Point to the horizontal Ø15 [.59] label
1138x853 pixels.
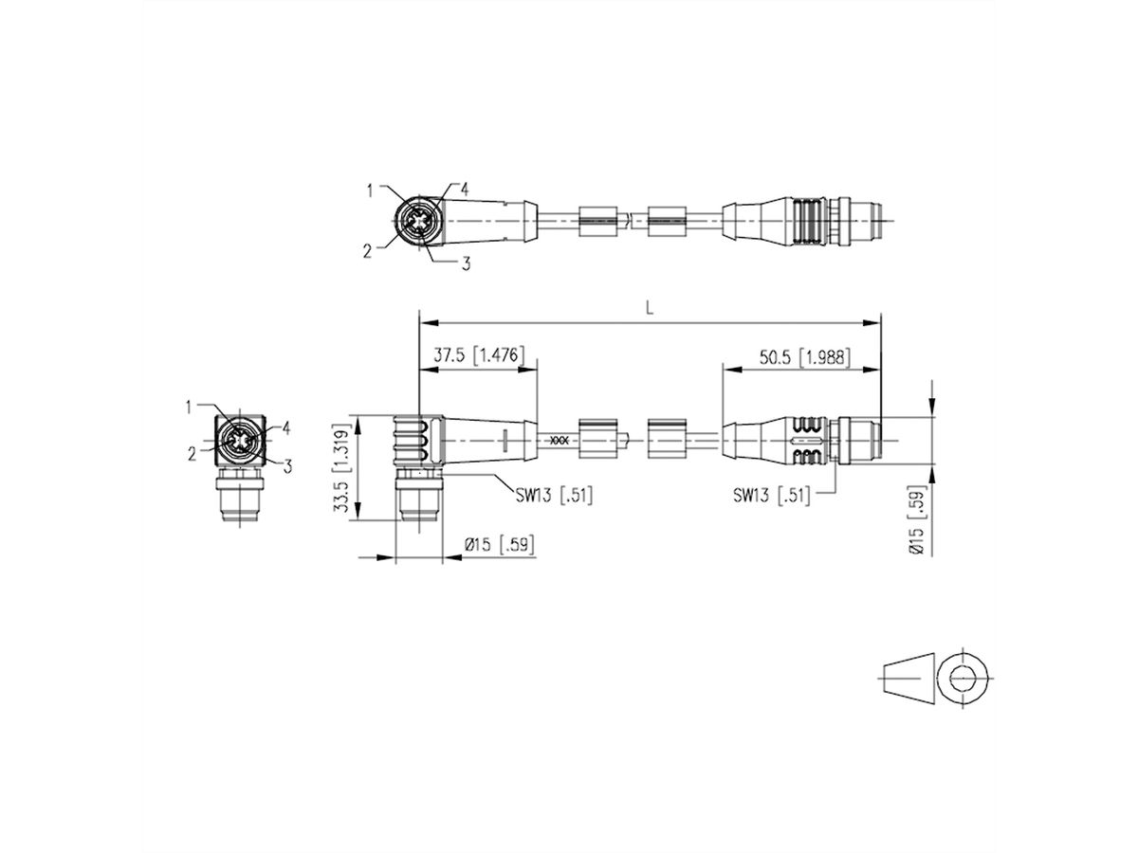pyautogui.click(x=496, y=545)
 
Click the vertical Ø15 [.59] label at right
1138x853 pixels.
pyautogui.click(x=917, y=523)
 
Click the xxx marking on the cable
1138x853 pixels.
pyautogui.click(x=560, y=441)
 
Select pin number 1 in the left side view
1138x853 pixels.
pyautogui.click(x=190, y=407)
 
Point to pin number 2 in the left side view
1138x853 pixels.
pyautogui.click(x=192, y=454)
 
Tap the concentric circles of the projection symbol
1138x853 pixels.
pyautogui.click(x=964, y=678)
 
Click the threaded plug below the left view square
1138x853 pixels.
pyautogui.click(x=235, y=498)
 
